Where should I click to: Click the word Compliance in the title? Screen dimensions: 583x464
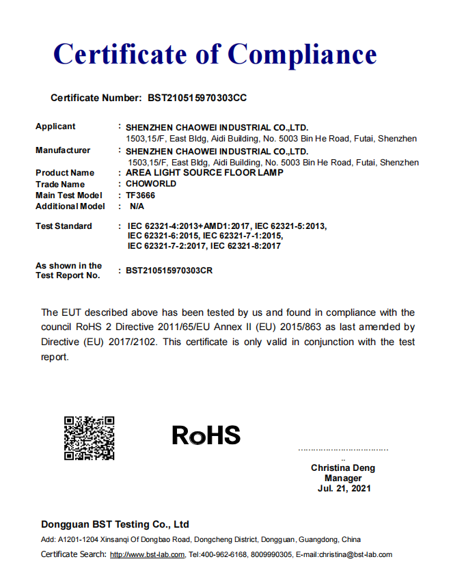point(302,54)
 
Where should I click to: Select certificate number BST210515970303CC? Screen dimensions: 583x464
point(197,98)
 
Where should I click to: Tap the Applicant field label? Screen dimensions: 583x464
point(55,126)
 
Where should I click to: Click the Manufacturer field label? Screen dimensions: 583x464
point(63,150)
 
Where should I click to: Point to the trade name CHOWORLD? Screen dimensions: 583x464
point(151,184)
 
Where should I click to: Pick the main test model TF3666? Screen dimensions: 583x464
point(141,195)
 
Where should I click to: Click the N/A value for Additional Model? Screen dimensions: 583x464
point(137,206)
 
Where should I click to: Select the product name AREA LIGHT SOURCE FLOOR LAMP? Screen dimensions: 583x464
point(204,173)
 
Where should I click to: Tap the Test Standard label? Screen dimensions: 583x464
point(64,226)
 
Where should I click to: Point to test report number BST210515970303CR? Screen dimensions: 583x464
point(169,271)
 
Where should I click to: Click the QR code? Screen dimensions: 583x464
point(89,438)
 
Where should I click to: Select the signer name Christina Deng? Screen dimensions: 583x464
point(343,468)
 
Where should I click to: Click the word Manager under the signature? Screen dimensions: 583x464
point(343,478)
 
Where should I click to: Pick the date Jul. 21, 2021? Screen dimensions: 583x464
point(343,489)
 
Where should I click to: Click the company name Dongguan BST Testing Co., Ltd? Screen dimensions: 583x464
point(115,524)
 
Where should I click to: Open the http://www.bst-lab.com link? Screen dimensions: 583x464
point(147,555)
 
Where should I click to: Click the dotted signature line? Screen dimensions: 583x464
point(343,450)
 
